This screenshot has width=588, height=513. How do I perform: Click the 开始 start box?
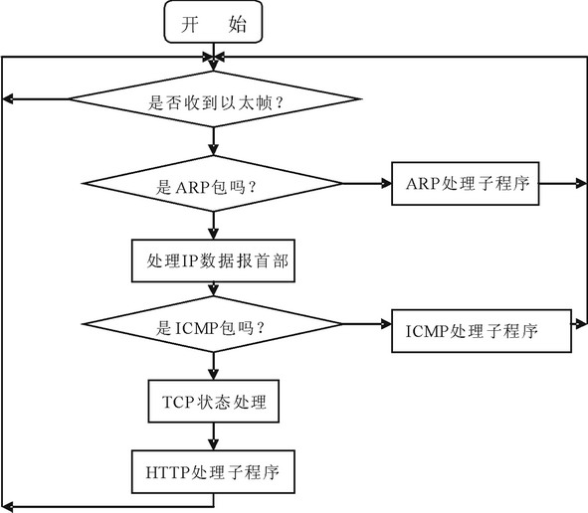click(x=213, y=22)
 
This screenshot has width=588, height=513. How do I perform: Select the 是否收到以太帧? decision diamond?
click(x=214, y=99)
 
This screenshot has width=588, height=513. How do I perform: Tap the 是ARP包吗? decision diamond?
click(x=213, y=184)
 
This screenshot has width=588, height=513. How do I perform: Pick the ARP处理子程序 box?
click(x=466, y=184)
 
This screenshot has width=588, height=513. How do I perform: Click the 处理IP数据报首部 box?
click(x=213, y=260)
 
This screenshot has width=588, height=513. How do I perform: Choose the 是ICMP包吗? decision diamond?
click(x=213, y=324)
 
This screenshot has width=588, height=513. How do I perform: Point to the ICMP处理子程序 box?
click(x=482, y=331)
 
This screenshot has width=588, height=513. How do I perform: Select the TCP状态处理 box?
click(x=213, y=401)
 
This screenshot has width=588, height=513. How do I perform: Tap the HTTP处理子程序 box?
click(x=213, y=472)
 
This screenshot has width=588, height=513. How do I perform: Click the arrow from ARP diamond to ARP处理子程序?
click(x=367, y=184)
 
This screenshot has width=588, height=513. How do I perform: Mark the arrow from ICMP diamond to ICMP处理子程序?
click(x=367, y=324)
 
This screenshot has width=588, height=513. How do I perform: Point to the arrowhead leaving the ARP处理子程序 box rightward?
click(x=580, y=184)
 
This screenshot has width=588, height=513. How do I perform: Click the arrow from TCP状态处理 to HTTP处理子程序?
click(x=213, y=436)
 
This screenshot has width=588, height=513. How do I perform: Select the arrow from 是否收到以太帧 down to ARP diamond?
click(x=213, y=141)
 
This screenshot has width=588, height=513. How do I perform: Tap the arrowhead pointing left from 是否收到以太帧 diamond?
click(x=8, y=99)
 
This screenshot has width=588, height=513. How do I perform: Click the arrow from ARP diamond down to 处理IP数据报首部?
click(x=213, y=226)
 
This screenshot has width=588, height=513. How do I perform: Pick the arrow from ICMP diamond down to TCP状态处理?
click(x=213, y=366)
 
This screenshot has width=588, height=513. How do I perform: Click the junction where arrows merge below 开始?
click(x=213, y=58)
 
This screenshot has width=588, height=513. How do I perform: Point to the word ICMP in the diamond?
click(x=196, y=329)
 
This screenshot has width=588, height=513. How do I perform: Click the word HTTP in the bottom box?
click(x=167, y=472)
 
